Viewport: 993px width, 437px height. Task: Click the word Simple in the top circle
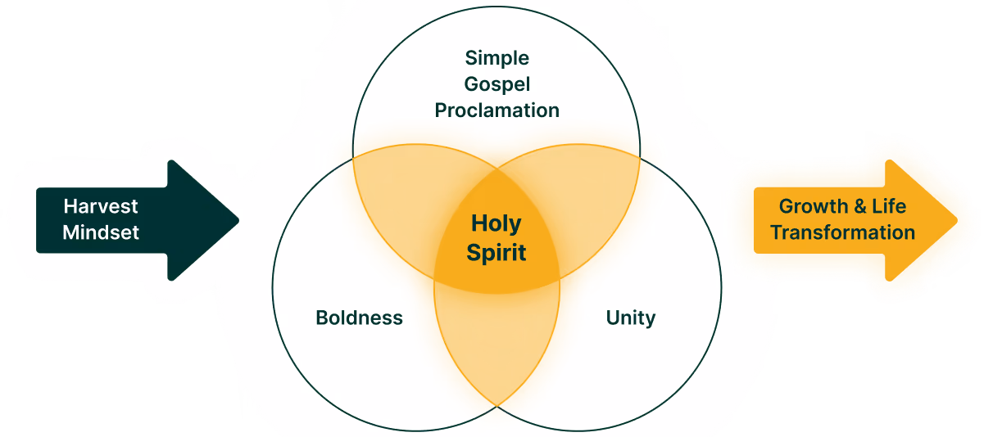pos(496,58)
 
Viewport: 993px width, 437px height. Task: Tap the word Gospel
pos(496,83)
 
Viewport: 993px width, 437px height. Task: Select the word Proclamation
pos(496,110)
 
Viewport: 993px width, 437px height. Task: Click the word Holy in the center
pos(496,223)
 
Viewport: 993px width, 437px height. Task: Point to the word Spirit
pos(496,252)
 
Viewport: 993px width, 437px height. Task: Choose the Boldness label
pos(359,318)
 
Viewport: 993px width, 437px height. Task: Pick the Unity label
pos(631,318)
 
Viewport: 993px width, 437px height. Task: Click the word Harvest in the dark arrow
pos(101,206)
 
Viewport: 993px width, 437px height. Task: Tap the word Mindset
pos(101,232)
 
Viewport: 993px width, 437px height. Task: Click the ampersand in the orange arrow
pos(859,206)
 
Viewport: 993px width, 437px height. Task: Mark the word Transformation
pos(842,232)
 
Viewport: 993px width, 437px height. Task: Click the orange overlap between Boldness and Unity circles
pos(496,344)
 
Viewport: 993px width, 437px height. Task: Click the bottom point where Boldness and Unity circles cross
pos(497,405)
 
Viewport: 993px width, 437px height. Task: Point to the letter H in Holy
pos(479,223)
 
